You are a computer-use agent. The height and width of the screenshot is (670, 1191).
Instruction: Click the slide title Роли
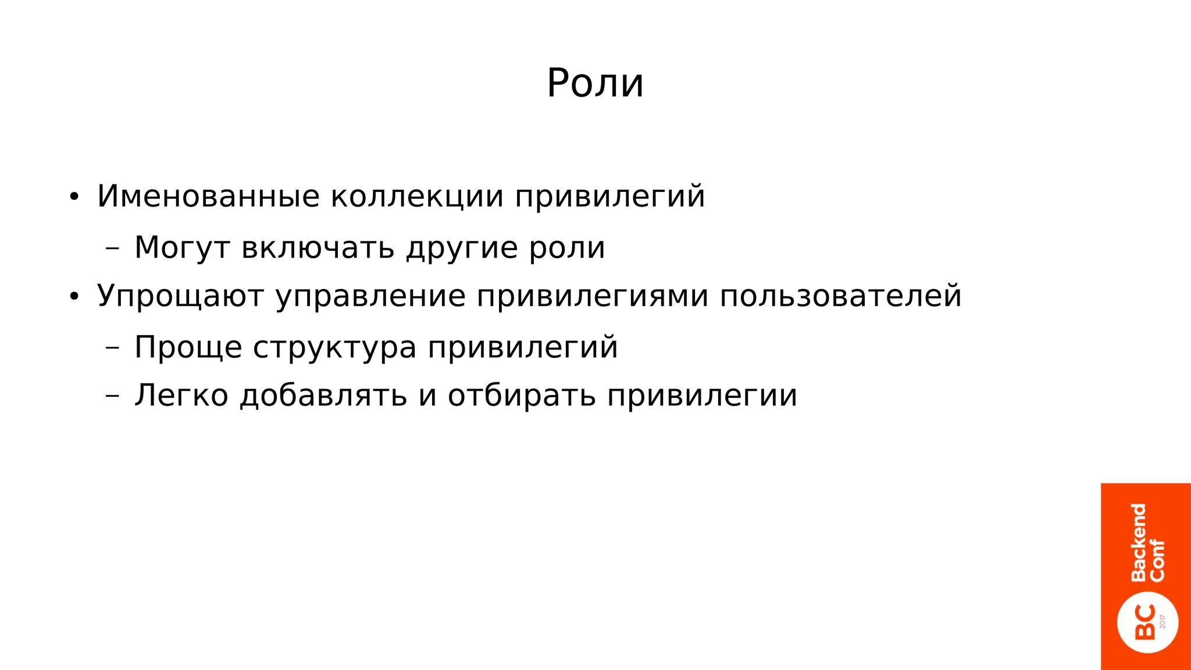pos(595,83)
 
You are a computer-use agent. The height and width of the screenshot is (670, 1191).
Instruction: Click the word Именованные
pos(208,196)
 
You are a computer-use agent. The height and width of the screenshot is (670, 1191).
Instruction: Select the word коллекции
pos(417,196)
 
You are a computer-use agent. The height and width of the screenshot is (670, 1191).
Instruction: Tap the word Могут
pos(182,248)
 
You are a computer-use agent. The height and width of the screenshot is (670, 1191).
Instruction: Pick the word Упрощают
pos(180,297)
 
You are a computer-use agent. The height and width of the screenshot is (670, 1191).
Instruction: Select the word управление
pos(370,297)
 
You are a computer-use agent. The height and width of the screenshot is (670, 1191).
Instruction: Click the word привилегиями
pos(592,297)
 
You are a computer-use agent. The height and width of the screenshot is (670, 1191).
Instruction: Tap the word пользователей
pos(840,297)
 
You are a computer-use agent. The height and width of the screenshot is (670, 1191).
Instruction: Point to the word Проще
pos(188,348)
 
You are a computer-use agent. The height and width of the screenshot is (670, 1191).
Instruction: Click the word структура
pos(334,348)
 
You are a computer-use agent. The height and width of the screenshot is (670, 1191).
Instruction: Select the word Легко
pos(181,396)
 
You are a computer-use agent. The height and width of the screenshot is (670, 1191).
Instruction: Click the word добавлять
pos(323,396)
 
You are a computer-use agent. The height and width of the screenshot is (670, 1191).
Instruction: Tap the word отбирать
pos(522,396)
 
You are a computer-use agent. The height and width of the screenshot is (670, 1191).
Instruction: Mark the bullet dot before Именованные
pos(73,197)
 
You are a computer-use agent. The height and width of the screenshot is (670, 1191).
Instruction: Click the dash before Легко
pos(112,396)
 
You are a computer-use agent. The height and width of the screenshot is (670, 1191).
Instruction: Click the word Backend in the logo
pos(1138,543)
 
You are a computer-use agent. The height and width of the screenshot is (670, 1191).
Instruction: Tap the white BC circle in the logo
pos(1147,623)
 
